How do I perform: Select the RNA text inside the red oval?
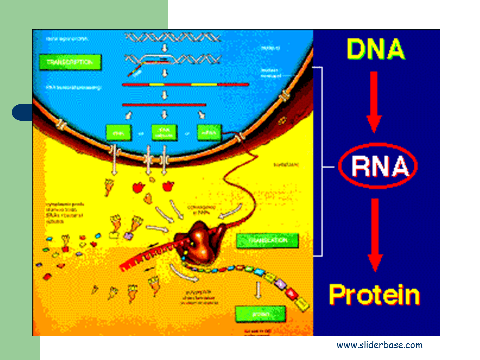[377, 167]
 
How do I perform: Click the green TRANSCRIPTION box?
[70, 62]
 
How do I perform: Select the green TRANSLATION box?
[268, 240]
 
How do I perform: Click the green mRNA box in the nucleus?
[210, 132]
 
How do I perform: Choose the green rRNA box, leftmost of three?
[118, 132]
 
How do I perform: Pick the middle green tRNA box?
[164, 132]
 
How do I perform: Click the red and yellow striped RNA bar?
[185, 85]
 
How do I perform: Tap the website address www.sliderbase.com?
[379, 345]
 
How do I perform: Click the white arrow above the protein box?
[258, 290]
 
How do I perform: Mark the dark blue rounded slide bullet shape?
[22, 112]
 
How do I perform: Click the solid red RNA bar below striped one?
[164, 105]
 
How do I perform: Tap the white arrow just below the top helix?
[164, 48]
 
